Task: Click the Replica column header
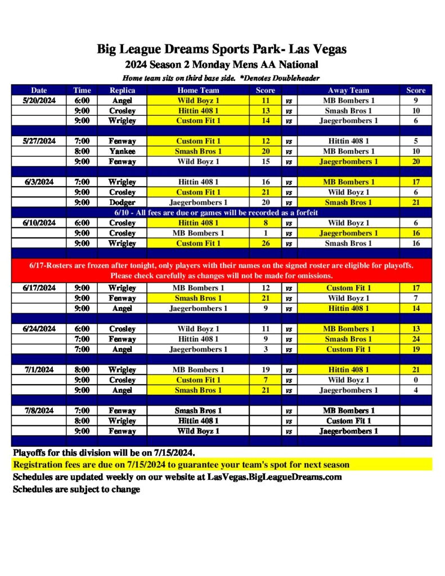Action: [122, 90]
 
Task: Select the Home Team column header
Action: [198, 90]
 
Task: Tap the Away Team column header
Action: [348, 90]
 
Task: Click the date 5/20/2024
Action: [39, 100]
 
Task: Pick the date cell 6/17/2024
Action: [39, 288]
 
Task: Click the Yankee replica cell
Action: [122, 151]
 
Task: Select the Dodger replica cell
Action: [122, 202]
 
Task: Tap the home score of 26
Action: [266, 244]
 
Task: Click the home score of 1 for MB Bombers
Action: [266, 233]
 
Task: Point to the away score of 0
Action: [416, 380]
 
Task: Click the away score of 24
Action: [416, 339]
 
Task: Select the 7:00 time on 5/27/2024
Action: [82, 141]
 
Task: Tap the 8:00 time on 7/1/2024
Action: [82, 370]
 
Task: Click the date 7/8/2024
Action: [39, 411]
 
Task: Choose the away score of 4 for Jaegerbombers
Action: [416, 390]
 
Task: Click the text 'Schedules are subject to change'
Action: [77, 489]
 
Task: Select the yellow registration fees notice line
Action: [181, 465]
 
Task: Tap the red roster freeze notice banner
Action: [222, 271]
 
